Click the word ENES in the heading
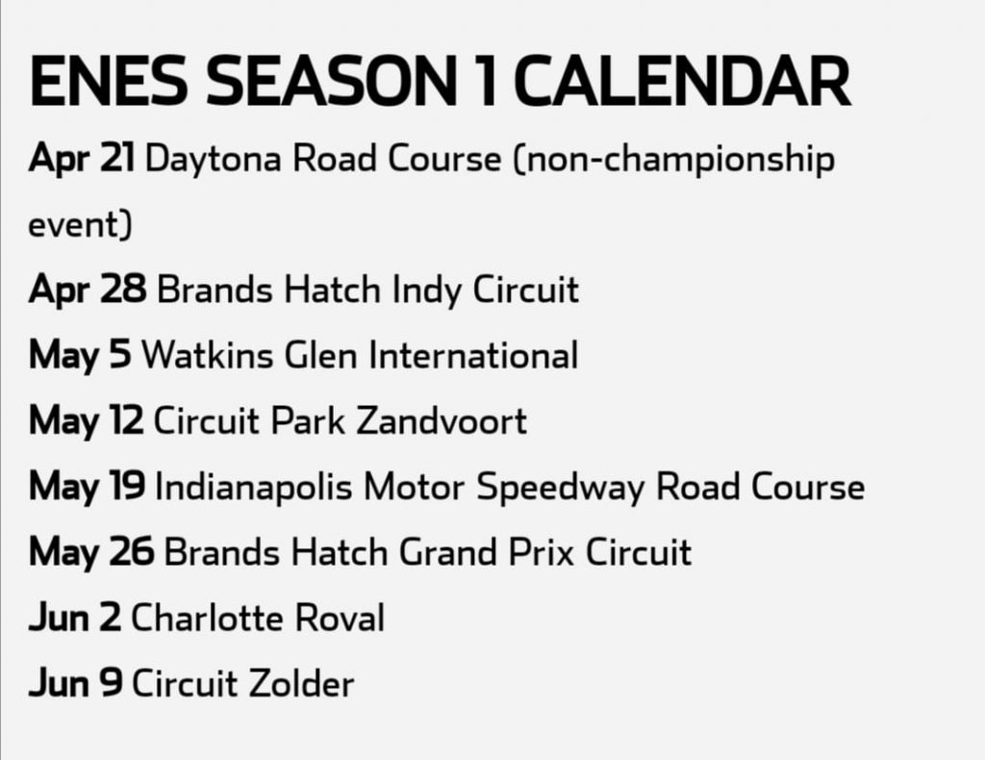point(108,81)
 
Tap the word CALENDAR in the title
point(682,81)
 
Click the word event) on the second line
point(81,225)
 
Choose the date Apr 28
point(88,291)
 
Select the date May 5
point(80,356)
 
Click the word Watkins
point(208,356)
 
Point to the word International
point(473,356)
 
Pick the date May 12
point(86,421)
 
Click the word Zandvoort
point(441,421)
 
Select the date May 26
point(91,553)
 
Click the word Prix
point(541,553)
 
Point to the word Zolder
point(301,684)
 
